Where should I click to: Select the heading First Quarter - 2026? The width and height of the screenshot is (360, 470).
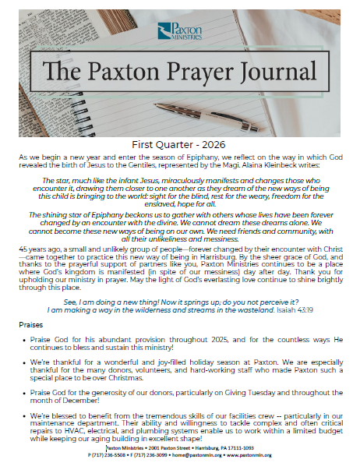[180, 144]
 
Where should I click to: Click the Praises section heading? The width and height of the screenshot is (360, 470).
[32, 324]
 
